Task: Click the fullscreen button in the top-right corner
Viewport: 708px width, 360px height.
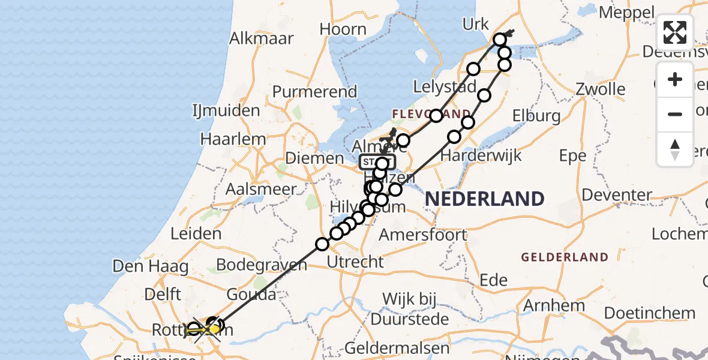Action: [675, 32]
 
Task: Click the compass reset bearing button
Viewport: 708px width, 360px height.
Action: [675, 149]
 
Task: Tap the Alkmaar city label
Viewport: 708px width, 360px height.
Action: [262, 38]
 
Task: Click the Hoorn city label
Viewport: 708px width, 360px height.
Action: [343, 29]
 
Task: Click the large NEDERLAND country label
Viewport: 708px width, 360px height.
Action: [485, 198]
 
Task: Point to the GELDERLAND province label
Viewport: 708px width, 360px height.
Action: [565, 257]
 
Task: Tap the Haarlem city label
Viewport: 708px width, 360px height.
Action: [233, 139]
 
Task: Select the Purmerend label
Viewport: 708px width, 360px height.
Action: [314, 92]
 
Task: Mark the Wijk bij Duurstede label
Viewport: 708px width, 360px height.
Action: [415, 308]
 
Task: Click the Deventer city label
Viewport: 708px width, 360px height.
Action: [617, 195]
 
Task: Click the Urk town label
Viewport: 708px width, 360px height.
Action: [476, 24]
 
